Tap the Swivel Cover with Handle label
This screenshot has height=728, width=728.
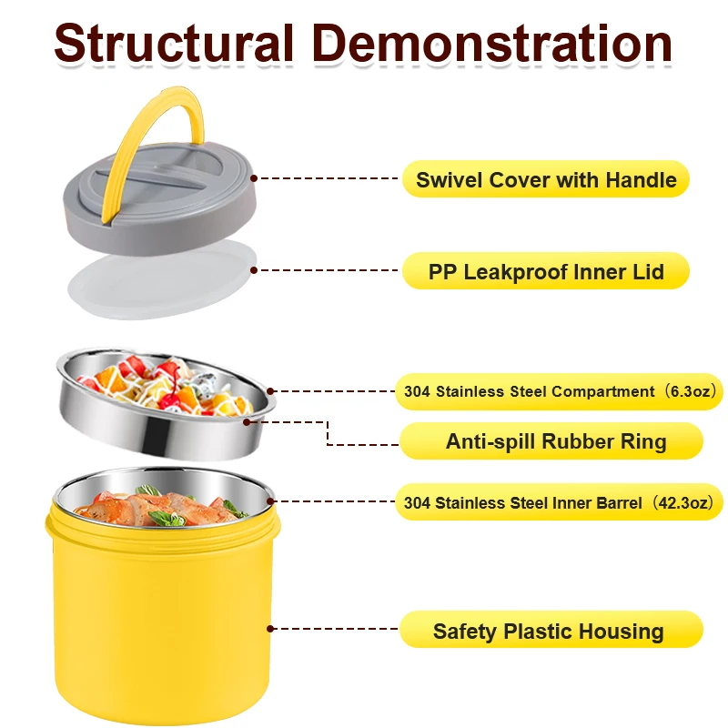click(x=546, y=179)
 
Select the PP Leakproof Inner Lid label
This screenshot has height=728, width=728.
click(x=546, y=271)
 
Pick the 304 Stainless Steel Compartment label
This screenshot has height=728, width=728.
click(x=528, y=392)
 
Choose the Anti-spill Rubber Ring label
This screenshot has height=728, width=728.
click(x=555, y=442)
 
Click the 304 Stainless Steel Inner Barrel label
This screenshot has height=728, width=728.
click(x=523, y=502)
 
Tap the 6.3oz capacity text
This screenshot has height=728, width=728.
click(x=691, y=392)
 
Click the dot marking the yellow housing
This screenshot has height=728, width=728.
click(x=270, y=627)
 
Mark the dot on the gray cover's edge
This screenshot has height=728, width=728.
click(x=254, y=179)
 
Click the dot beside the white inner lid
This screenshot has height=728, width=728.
click(x=254, y=270)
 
